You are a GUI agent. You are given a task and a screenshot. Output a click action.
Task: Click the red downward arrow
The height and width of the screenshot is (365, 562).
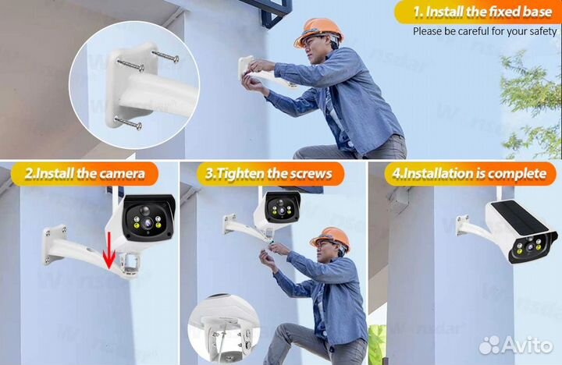point(109,250)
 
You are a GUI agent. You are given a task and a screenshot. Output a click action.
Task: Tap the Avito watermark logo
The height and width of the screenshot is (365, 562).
point(516,345)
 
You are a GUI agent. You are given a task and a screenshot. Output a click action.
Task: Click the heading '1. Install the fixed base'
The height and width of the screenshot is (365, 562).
point(482,12)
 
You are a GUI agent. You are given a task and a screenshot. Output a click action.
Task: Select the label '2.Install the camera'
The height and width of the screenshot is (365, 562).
point(85,174)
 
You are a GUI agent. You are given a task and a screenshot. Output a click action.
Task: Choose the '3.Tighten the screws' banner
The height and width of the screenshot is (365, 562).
point(269,174)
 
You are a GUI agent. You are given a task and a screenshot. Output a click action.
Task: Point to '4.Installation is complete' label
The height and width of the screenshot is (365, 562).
point(469,173)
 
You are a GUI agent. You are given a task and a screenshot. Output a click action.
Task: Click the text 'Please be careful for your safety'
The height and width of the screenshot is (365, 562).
point(485,31)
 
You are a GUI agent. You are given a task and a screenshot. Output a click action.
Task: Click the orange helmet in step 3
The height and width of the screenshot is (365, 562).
point(330,237)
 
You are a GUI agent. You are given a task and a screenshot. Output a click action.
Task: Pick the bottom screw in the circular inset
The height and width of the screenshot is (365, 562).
point(128,122)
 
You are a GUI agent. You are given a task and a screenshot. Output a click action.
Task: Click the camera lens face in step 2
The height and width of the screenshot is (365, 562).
point(148,220)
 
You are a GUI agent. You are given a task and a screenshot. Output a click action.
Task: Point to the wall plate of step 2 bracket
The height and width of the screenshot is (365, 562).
point(54,245)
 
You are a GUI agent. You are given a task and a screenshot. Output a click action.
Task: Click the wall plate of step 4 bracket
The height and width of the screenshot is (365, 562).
point(462,225)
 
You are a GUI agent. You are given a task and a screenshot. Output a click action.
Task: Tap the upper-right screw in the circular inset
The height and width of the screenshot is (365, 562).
point(165,56)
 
